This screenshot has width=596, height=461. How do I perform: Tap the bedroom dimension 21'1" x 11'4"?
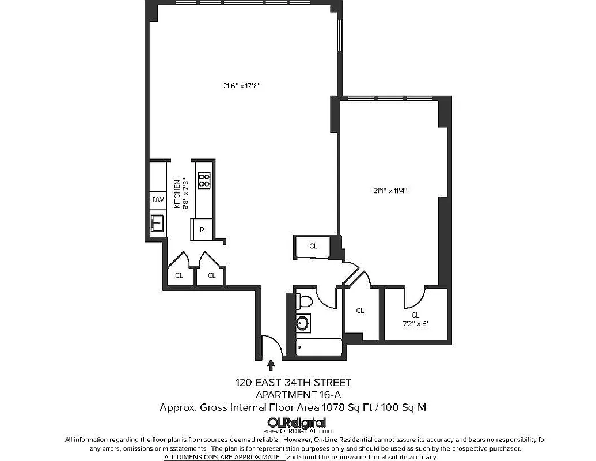pos(394,191)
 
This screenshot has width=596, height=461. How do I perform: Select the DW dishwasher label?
pos(158,201)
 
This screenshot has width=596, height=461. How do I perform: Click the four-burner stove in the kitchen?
pos(204,180)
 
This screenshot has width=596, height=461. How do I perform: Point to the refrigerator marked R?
pos(202,229)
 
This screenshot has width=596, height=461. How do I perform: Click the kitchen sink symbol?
pos(157,222)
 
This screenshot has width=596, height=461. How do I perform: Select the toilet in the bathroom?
pos(305,301)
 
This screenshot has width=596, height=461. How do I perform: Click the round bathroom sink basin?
pos(303,323)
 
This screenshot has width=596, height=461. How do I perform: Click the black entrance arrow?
pos(271,364)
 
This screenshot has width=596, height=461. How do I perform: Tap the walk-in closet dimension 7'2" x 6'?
pos(416,323)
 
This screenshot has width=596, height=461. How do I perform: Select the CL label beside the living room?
pos(313,246)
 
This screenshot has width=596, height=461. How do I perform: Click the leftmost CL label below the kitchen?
pos(179,275)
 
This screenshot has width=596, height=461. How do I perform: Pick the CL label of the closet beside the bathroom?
pos(360,311)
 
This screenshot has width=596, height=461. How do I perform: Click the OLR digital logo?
pos(297,422)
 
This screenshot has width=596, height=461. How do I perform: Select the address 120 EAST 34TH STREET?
pos(293,383)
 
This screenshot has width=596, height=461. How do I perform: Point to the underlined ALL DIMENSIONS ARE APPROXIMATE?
pos(225,456)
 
